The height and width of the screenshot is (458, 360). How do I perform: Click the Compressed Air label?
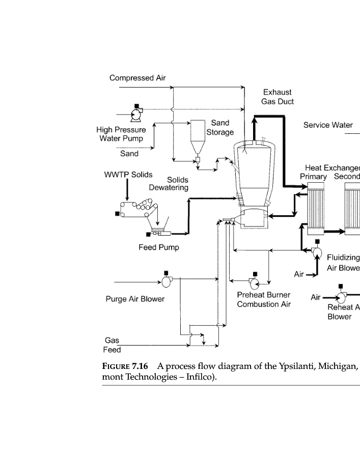(x=137, y=78)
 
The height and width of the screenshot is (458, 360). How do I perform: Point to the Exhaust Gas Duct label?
(x=278, y=97)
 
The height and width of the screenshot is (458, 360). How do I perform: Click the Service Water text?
(x=328, y=125)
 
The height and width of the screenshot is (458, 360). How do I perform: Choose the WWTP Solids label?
(x=128, y=175)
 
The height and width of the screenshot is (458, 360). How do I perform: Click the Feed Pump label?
(x=159, y=248)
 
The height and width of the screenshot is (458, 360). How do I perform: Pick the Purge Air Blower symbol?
(x=167, y=280)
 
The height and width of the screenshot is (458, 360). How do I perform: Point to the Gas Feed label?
(x=112, y=345)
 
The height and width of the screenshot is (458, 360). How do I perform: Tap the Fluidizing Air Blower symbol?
(x=316, y=251)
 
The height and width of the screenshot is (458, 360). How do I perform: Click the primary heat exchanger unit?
(x=316, y=209)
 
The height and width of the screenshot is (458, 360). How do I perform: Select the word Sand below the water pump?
(x=129, y=153)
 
